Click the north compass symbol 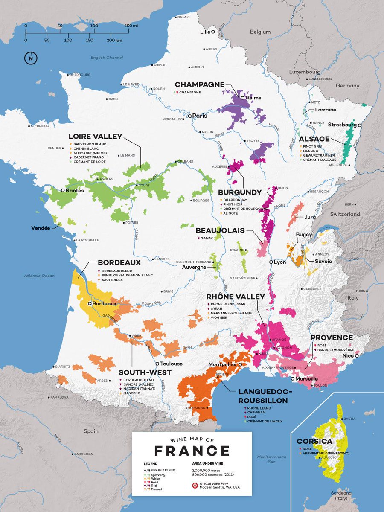click(x=31, y=58)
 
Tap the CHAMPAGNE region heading click(x=199, y=84)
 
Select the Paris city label click(x=199, y=116)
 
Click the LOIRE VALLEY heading click(x=95, y=137)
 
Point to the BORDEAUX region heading click(x=119, y=262)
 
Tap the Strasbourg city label click(x=342, y=125)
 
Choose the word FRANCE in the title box click(x=192, y=451)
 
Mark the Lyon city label click(x=280, y=262)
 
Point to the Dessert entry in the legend click(x=157, y=489)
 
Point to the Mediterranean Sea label click(x=271, y=459)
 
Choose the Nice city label click(x=348, y=355)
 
